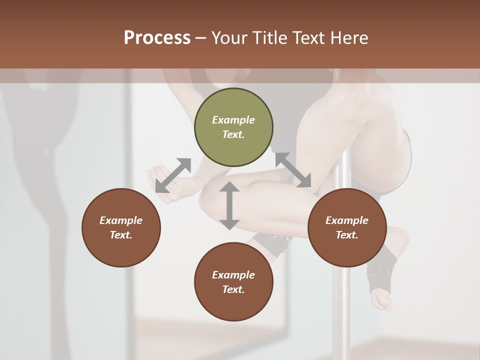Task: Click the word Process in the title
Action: pyautogui.click(x=157, y=37)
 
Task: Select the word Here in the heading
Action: pyautogui.click(x=348, y=37)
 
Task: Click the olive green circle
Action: pyautogui.click(x=233, y=127)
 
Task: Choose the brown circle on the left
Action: pyautogui.click(x=121, y=227)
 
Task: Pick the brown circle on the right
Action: pyautogui.click(x=347, y=227)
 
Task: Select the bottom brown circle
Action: pyautogui.click(x=233, y=282)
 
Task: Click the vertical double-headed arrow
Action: pyautogui.click(x=229, y=205)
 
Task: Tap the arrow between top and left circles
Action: pyautogui.click(x=173, y=175)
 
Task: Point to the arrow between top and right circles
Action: pyautogui.click(x=293, y=170)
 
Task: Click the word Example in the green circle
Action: pyautogui.click(x=233, y=120)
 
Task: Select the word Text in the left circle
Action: pyautogui.click(x=121, y=235)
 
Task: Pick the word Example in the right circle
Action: pyautogui.click(x=347, y=220)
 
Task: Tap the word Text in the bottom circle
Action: pyautogui.click(x=233, y=289)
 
